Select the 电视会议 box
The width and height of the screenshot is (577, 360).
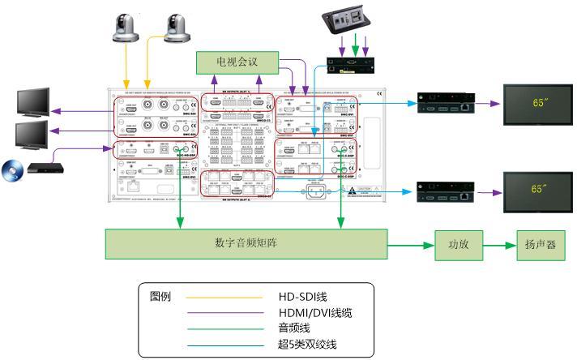tap(237, 62)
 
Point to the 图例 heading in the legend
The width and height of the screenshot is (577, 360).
tap(160, 296)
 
